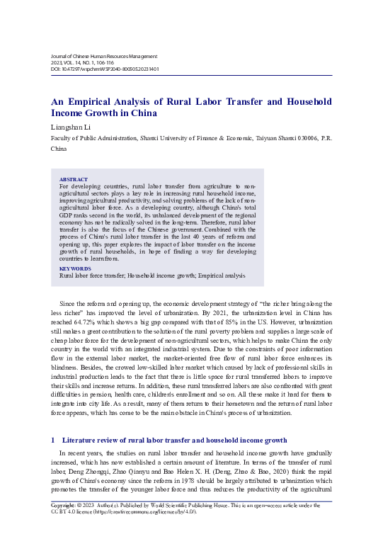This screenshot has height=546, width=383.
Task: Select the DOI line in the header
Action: point(104,69)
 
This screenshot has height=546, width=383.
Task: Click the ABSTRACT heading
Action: point(74,180)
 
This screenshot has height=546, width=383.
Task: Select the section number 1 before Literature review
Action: point(53,440)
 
